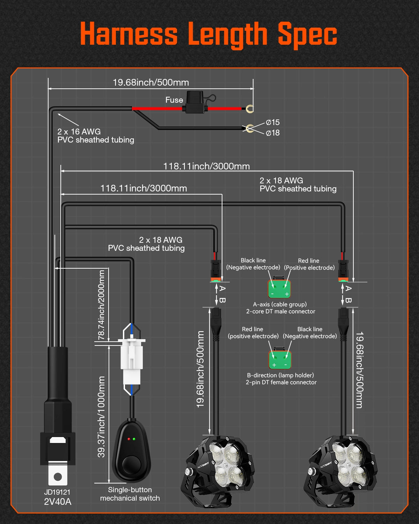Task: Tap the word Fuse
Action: [x=174, y=100]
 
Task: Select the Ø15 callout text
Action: [x=273, y=122]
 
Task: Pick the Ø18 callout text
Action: [x=273, y=133]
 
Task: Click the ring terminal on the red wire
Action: [x=249, y=109]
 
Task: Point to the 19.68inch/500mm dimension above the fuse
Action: [x=150, y=82]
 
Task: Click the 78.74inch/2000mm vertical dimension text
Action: [x=101, y=305]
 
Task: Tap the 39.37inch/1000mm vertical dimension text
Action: [x=101, y=416]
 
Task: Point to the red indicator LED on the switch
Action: [x=129, y=439]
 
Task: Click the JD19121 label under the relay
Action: [x=57, y=492]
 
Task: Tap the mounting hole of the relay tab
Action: [x=58, y=476]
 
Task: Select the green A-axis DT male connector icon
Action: [x=279, y=289]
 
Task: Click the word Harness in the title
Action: [x=129, y=34]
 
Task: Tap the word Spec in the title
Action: [x=307, y=34]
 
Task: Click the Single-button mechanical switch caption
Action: [x=130, y=494]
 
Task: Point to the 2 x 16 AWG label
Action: [x=79, y=132]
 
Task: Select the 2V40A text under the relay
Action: [x=58, y=502]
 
